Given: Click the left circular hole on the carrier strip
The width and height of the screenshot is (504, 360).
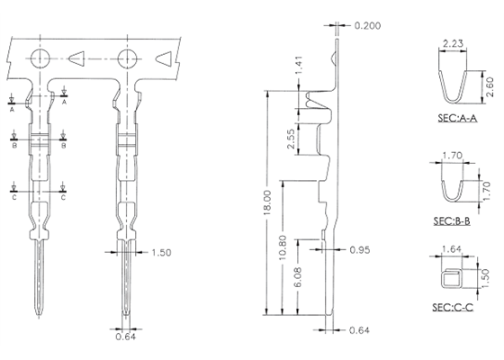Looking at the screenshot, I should (x=40, y=59).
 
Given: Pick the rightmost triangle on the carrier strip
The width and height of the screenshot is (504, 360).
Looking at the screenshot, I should (x=164, y=59).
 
